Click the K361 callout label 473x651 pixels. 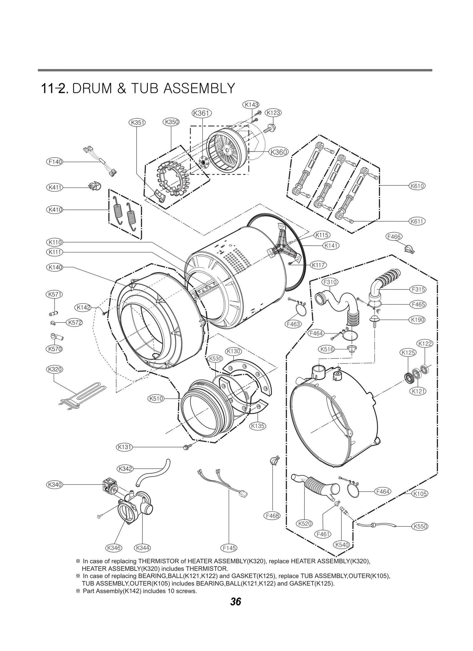tap(202, 113)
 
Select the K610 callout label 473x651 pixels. tap(417, 186)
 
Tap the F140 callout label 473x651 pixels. tap(55, 162)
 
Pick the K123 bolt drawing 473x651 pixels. tap(270, 129)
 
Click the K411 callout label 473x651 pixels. tap(55, 187)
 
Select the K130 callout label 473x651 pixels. tap(234, 351)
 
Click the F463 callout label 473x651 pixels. tap(293, 324)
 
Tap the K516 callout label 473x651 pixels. tap(327, 349)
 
